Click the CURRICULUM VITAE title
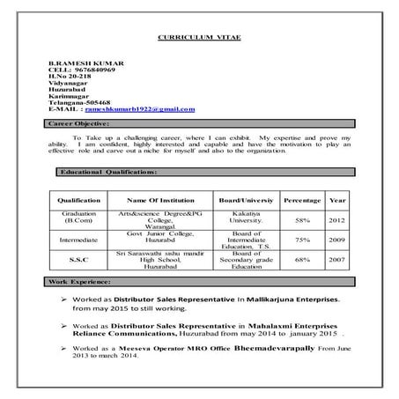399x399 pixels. pyautogui.click(x=198, y=39)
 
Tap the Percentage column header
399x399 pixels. pyautogui.click(x=302, y=201)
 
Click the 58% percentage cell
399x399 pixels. pyautogui.click(x=302, y=219)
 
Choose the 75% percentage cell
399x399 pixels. pyautogui.click(x=302, y=240)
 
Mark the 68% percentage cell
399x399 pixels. pyautogui.click(x=302, y=260)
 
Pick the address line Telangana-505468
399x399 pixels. pyautogui.click(x=80, y=102)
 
